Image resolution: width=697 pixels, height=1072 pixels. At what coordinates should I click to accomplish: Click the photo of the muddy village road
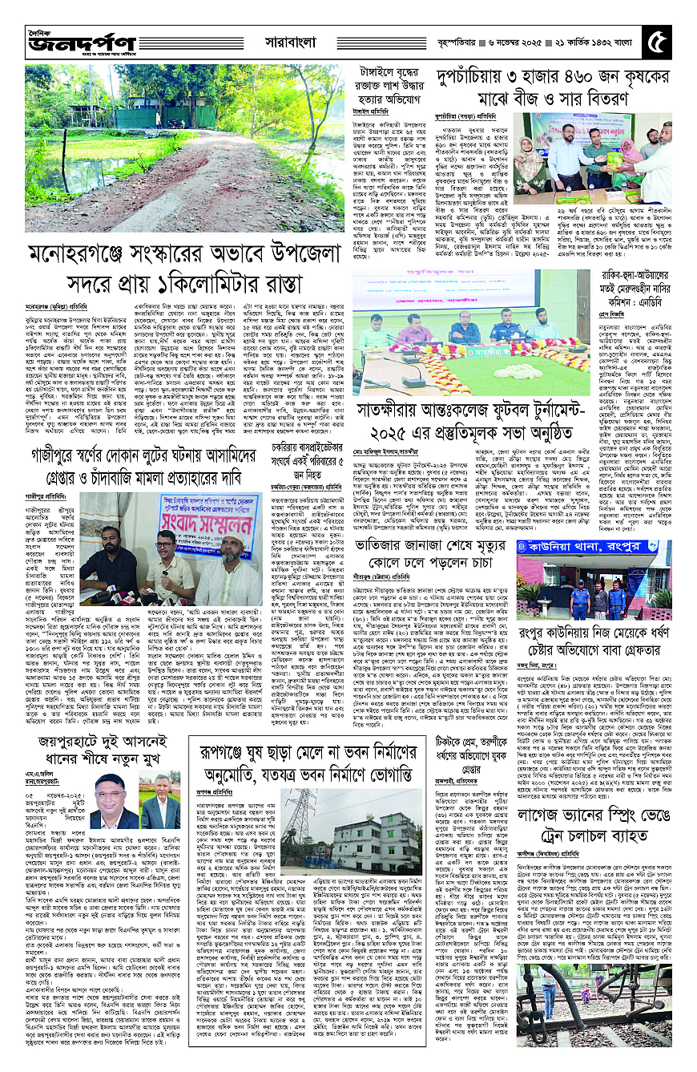[174, 144]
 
